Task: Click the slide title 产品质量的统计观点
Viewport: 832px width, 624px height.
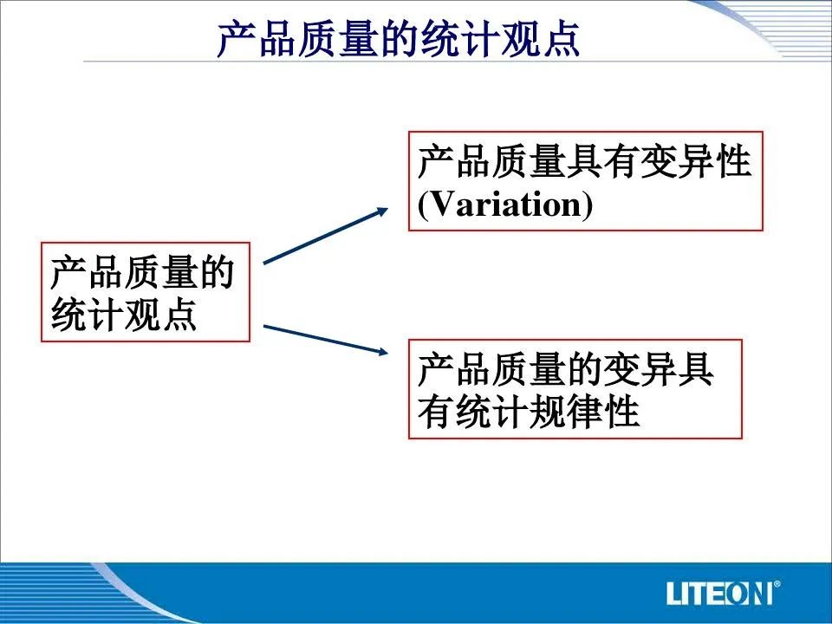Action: (x=399, y=39)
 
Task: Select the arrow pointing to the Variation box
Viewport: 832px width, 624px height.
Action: (x=326, y=236)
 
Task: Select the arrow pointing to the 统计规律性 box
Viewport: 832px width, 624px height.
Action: (x=326, y=339)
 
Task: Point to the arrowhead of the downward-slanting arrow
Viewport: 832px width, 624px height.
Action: (x=383, y=351)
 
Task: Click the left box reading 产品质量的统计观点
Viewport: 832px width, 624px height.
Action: (x=146, y=292)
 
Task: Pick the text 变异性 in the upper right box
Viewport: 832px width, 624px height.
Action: (x=696, y=161)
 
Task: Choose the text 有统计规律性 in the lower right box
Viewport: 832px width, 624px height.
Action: (x=529, y=411)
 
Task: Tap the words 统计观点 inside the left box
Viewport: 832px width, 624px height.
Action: (x=124, y=315)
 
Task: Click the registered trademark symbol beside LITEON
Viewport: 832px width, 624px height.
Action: (x=777, y=584)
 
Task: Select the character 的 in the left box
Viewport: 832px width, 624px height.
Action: (x=217, y=271)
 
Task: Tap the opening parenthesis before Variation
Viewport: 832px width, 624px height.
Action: (x=422, y=205)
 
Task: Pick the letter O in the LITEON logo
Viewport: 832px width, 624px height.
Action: (x=737, y=593)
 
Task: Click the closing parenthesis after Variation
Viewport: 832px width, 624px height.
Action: (x=588, y=205)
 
